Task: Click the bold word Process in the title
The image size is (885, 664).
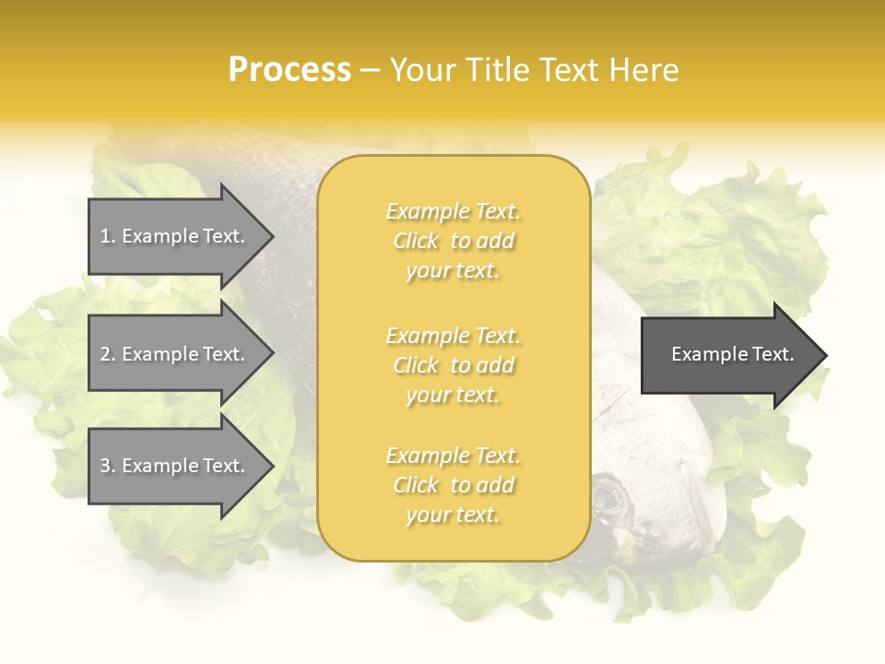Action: click(x=289, y=69)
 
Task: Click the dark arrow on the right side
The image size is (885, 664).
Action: click(x=728, y=354)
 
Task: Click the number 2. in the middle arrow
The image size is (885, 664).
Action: click(x=108, y=354)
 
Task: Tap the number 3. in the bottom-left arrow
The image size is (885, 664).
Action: click(x=108, y=466)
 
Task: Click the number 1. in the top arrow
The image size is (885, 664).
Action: click(x=108, y=236)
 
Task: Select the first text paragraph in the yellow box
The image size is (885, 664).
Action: click(x=454, y=241)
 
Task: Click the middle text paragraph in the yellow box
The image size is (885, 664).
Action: click(x=454, y=365)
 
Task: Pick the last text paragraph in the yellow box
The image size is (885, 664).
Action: click(x=454, y=485)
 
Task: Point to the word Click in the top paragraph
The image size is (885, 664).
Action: click(x=416, y=241)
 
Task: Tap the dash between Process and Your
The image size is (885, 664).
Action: click(x=370, y=70)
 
